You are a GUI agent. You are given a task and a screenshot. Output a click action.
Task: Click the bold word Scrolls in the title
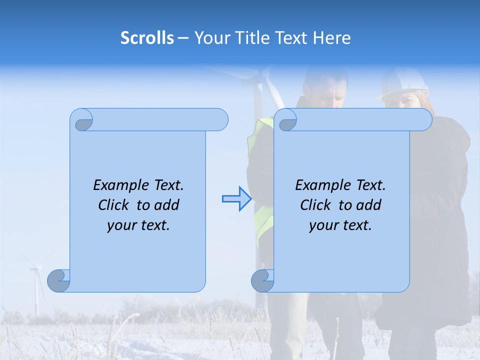[147, 38]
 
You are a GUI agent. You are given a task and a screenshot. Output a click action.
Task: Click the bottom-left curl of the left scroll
[58, 280]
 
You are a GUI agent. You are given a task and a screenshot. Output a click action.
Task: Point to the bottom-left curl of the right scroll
[262, 280]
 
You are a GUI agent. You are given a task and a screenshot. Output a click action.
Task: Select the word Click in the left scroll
[114, 205]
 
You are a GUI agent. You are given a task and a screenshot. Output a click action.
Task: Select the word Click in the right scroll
[316, 205]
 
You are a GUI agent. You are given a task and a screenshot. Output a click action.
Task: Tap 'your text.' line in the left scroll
[138, 225]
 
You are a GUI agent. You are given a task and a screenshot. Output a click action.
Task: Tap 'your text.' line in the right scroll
[340, 225]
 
